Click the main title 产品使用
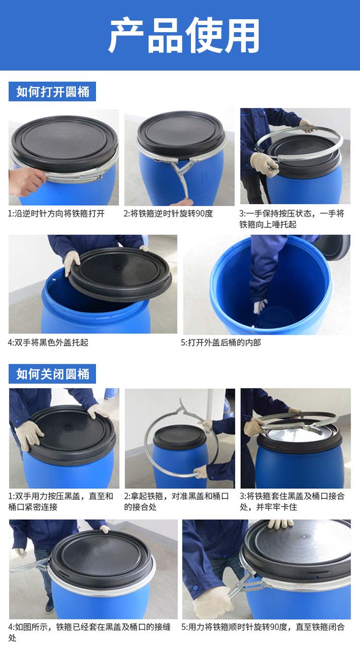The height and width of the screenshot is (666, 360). pos(184,35)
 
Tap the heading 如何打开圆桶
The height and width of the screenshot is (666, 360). pos(53,92)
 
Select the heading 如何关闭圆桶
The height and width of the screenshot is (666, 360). pos(53,374)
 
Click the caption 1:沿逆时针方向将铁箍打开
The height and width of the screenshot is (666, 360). pos(56,214)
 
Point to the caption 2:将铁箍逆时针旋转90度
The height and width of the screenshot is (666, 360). pos(168,214)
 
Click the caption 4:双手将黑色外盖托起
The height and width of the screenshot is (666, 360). pos(48,342)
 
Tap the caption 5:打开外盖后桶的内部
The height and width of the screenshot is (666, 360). pos(221,342)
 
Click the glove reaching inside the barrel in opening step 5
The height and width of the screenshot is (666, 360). pos(260,306)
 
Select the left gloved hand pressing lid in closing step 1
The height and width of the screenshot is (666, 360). pos(28,435)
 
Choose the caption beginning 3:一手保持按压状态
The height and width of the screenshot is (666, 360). pos(292,219)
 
